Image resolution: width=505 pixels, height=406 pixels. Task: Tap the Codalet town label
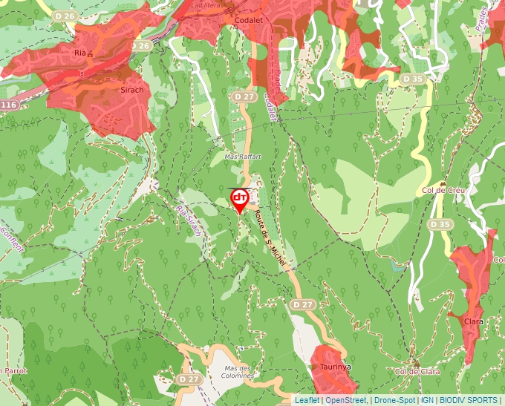coord(250,20)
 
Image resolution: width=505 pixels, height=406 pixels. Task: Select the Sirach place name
coord(131,89)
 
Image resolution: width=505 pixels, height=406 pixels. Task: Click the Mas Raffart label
coord(243,157)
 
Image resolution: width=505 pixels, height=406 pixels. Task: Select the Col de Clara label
coord(414,371)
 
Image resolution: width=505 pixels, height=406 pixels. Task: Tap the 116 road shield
coord(8,105)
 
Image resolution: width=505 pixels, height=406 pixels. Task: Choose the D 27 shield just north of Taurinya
coord(302,304)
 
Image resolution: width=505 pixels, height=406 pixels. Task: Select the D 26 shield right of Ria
coord(141,46)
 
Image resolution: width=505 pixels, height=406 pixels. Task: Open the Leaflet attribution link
coord(307,400)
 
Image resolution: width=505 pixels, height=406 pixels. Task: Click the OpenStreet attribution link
coord(347,400)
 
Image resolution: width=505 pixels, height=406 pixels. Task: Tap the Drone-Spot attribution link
coord(394,400)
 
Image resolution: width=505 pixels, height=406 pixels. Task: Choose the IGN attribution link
coord(428,400)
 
